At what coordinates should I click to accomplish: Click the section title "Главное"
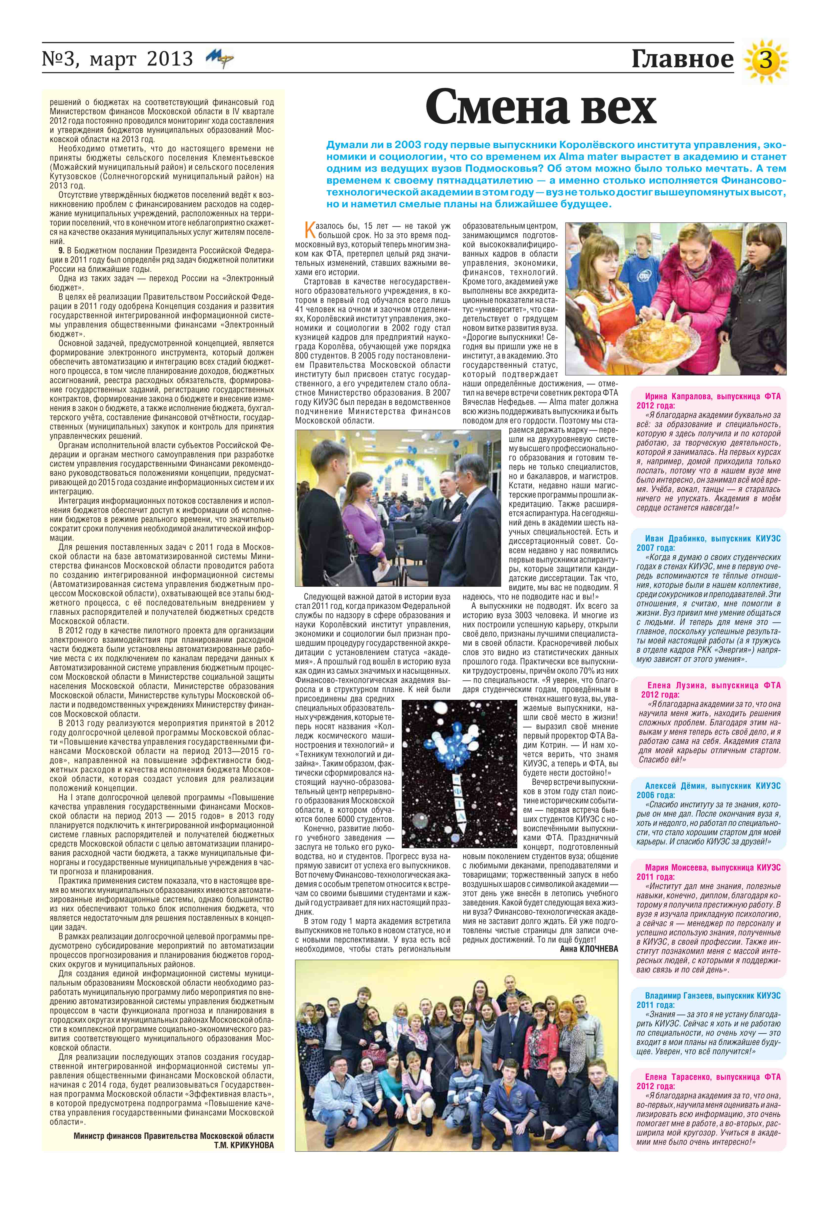682,59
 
